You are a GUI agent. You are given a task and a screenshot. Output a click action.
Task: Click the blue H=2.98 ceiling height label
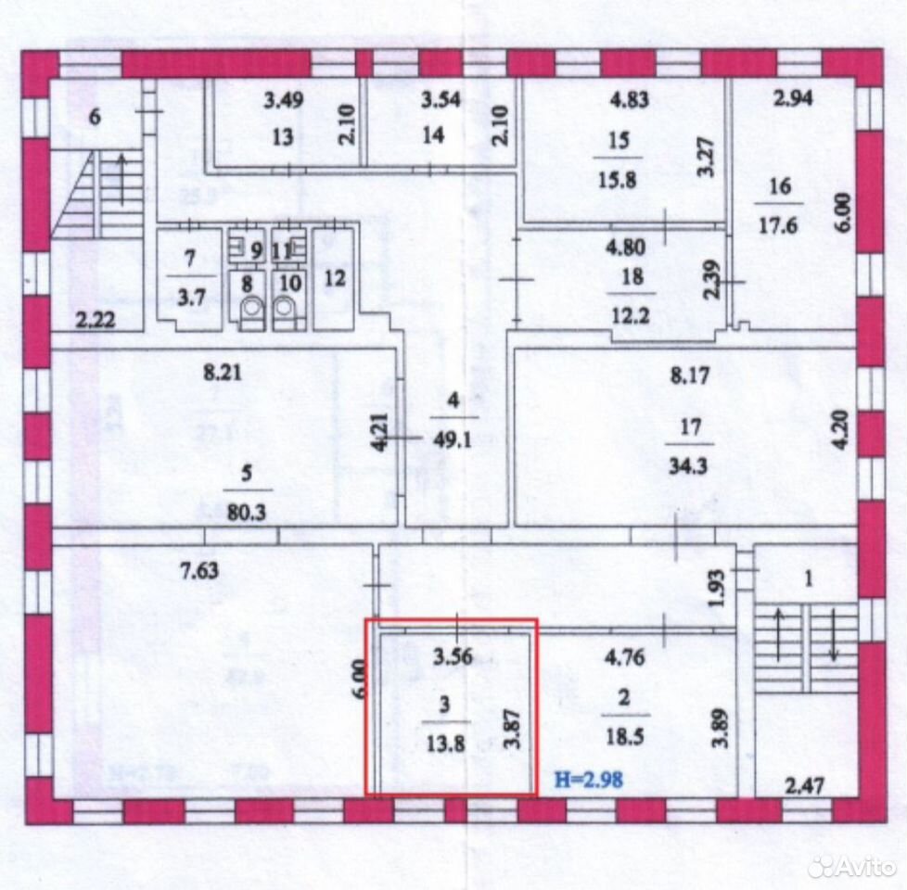point(589,780)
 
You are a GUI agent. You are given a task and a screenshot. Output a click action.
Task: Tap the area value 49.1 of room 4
point(453,440)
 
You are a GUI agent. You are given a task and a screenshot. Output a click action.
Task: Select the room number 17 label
point(691,427)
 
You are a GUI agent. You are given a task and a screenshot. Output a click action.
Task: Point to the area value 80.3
point(247,513)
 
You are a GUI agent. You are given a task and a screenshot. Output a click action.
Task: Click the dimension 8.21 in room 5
point(223,373)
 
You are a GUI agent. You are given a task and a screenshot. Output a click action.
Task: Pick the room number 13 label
point(283,137)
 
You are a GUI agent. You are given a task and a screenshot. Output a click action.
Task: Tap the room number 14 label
point(433,135)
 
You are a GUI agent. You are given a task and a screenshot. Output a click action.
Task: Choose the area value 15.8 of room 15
point(618,180)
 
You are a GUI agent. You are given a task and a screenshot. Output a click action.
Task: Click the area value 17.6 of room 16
point(778,225)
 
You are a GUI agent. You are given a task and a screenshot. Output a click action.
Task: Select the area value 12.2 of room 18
point(631,316)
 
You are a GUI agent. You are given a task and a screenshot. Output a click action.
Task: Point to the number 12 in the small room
point(335,278)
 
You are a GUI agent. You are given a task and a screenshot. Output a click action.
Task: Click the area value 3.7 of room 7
point(191,299)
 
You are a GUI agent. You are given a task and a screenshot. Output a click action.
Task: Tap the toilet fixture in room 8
point(251,312)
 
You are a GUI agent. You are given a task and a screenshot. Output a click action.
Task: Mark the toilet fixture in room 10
point(284,312)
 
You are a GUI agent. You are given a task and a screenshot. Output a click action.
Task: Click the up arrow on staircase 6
point(122,179)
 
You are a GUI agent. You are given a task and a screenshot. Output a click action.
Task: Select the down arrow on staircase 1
point(833,633)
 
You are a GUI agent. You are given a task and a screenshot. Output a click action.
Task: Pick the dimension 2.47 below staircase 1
point(805,785)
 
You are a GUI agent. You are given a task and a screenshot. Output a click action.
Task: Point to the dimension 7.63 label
point(199,571)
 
